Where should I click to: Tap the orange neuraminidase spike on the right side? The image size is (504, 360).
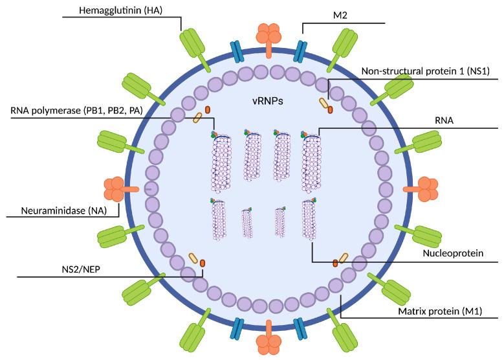[424, 188]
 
